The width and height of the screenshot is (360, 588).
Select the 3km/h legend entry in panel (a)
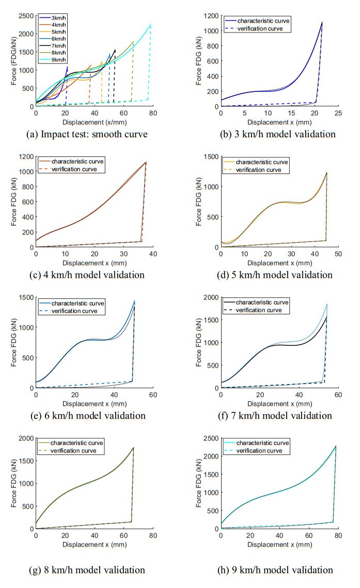click(x=58, y=18)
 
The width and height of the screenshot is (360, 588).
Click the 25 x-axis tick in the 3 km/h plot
click(x=338, y=113)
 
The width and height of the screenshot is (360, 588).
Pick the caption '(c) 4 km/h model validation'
click(x=87, y=274)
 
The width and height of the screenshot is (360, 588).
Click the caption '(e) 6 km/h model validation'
click(x=87, y=416)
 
